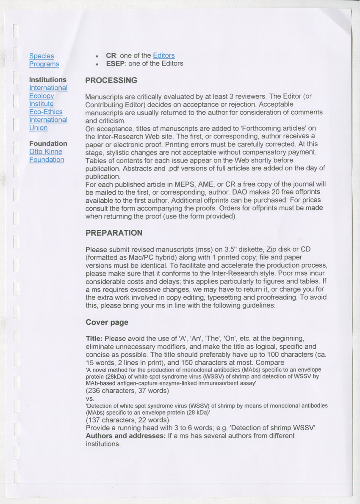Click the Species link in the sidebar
(42, 56)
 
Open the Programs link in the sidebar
(44, 64)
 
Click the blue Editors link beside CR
(163, 55)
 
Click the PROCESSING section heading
(111, 80)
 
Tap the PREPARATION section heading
(114, 233)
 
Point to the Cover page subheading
(107, 322)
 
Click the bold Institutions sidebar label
(47, 80)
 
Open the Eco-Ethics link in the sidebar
(46, 112)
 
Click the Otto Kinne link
(46, 151)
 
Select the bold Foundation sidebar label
(48, 143)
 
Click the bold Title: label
(94, 339)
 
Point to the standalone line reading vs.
(90, 399)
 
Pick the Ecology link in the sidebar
(42, 96)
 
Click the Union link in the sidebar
(38, 128)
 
